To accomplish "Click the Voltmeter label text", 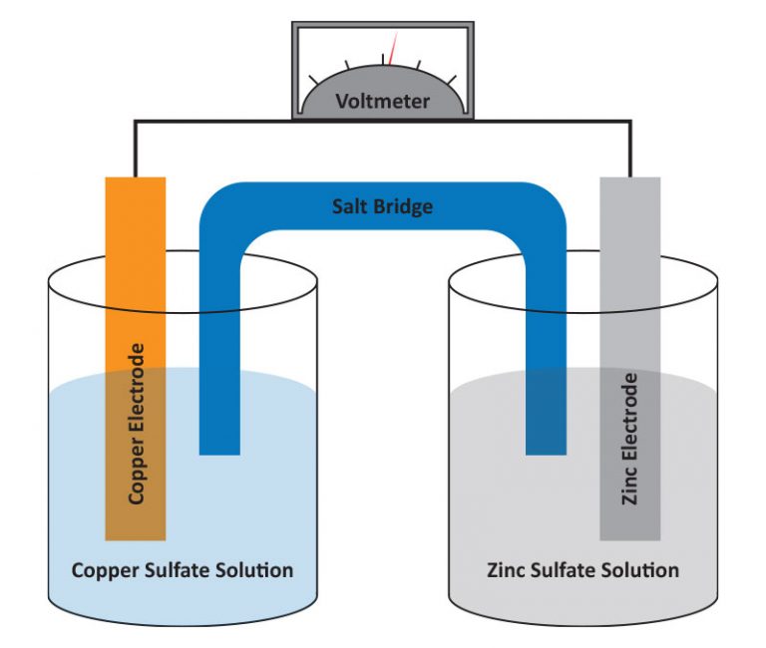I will pos(382,101).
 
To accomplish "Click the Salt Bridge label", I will pos(382,207).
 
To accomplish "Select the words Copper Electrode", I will pos(137,423).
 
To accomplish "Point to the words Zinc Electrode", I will pos(629,440).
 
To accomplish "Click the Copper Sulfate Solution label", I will pos(183,570).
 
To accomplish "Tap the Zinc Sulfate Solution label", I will pos(583,570).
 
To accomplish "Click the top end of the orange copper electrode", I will pos(136,181).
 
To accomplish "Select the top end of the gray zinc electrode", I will pos(629,181).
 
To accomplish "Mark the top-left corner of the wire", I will pos(136,123).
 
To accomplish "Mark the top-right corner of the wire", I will pos(629,123).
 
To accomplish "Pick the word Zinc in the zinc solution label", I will pos(508,570).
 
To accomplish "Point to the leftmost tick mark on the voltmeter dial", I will pos(314,78).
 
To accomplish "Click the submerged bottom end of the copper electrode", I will pos(136,534).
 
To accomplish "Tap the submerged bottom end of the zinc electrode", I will pos(629,534).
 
